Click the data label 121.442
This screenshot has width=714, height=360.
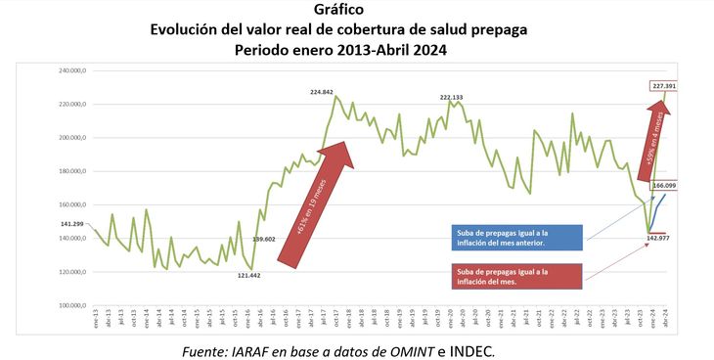[251, 275]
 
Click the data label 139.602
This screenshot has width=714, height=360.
[264, 238]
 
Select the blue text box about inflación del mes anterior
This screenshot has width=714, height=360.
[516, 238]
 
